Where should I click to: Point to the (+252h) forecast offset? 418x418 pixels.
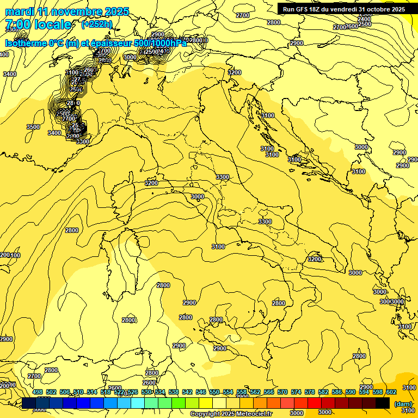coord(97,24)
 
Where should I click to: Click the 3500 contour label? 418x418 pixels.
coord(33,127)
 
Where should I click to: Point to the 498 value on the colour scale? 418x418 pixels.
coord(38,392)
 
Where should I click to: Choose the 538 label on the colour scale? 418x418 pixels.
coord(174,392)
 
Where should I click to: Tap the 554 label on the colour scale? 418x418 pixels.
coord(228,392)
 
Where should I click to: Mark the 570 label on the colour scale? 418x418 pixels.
coord(282,392)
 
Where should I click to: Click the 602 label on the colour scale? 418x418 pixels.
coord(391,392)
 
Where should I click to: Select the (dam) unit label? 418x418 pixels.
coord(402,403)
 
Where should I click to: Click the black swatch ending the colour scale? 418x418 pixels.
coord(383,403)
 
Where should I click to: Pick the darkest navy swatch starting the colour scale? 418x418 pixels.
coord(29,403)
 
